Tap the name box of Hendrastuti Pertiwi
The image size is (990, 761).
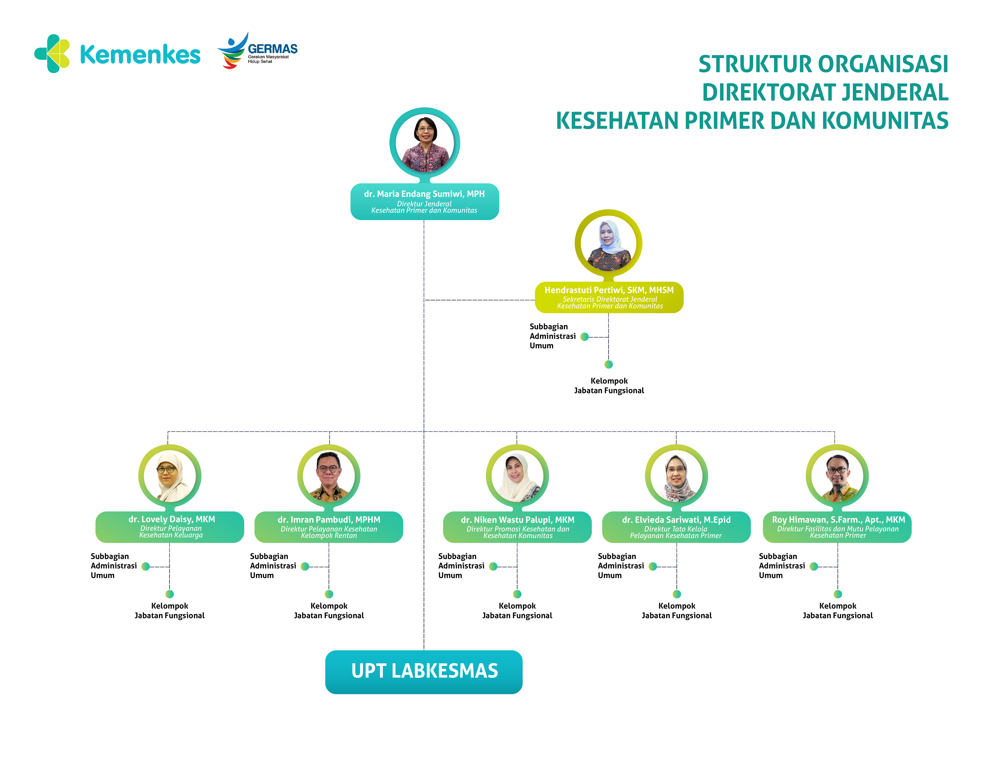pyautogui.click(x=609, y=297)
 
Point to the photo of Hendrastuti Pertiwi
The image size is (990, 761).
pyautogui.click(x=608, y=244)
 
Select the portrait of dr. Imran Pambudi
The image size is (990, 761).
pyautogui.click(x=329, y=476)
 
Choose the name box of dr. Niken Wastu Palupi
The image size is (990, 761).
pyautogui.click(x=517, y=527)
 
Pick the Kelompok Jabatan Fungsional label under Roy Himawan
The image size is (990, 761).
pyautogui.click(x=837, y=611)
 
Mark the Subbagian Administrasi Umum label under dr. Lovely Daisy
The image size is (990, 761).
pyautogui.click(x=113, y=566)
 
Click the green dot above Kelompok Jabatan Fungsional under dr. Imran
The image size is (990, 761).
pyautogui.click(x=329, y=594)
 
